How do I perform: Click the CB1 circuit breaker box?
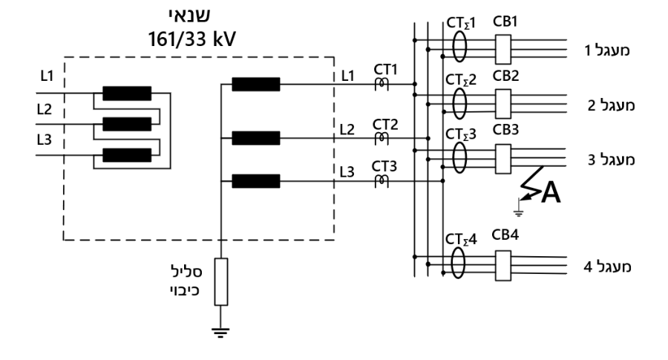click(x=503, y=50)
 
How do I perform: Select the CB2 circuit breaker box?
click(x=503, y=103)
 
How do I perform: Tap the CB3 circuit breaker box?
click(x=503, y=159)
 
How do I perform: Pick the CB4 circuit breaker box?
click(x=503, y=266)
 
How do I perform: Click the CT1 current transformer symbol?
click(x=382, y=84)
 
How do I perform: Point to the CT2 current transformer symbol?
click(x=382, y=139)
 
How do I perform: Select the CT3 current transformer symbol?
click(x=382, y=181)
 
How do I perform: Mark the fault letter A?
click(x=551, y=192)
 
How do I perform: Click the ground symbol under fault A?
click(x=519, y=212)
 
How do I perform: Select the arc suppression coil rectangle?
click(x=220, y=281)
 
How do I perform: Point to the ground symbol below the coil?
click(x=220, y=333)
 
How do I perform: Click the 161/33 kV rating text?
click(x=191, y=39)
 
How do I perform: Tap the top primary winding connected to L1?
click(x=127, y=94)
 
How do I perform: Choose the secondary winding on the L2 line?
click(x=256, y=138)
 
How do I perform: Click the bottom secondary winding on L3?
click(x=256, y=181)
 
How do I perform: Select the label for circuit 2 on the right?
click(x=612, y=105)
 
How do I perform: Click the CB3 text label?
click(x=505, y=129)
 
